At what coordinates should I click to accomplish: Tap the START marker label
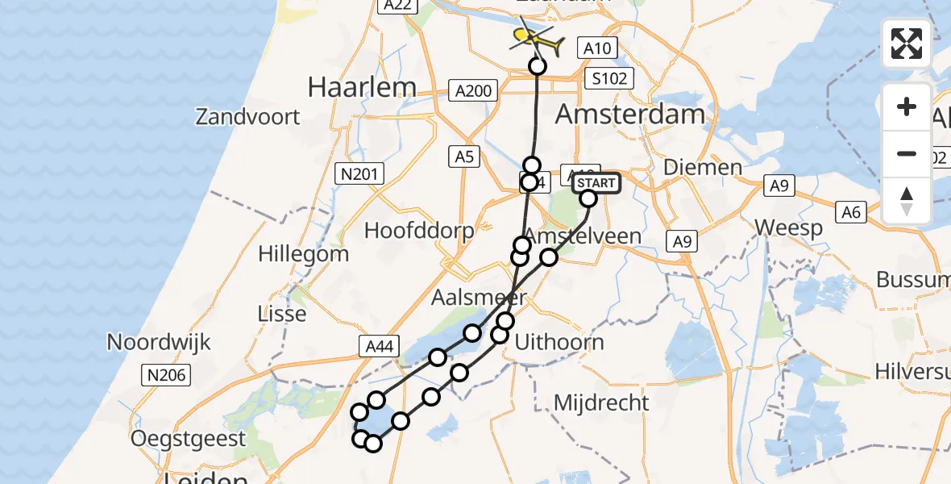click(x=596, y=183)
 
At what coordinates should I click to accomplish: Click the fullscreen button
click(x=907, y=44)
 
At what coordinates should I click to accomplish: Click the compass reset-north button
click(x=907, y=200)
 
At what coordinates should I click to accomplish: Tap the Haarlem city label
click(x=362, y=87)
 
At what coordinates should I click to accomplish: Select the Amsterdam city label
click(x=630, y=114)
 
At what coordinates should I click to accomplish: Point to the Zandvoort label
click(x=247, y=117)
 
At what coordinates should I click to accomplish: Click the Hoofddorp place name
click(x=419, y=230)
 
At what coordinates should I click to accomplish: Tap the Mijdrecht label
click(x=602, y=403)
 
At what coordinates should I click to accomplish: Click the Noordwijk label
click(x=159, y=342)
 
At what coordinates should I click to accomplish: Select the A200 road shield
click(x=473, y=90)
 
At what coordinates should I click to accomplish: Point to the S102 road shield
click(x=609, y=78)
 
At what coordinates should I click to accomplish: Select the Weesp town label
click(x=790, y=227)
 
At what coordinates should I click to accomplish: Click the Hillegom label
click(x=303, y=254)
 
